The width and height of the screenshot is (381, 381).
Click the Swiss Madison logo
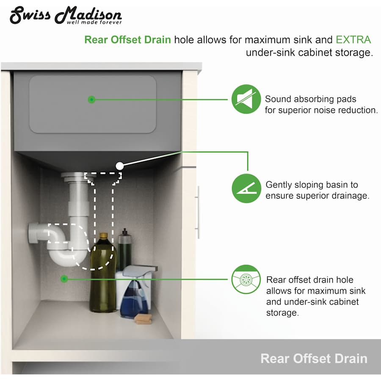pyautogui.click(x=66, y=15)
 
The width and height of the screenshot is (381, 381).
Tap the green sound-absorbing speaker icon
pyautogui.click(x=246, y=99)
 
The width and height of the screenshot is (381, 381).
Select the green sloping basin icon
pyautogui.click(x=246, y=188)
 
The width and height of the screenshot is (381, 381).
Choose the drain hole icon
pyautogui.click(x=246, y=279)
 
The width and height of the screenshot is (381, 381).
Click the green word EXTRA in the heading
pyautogui.click(x=353, y=40)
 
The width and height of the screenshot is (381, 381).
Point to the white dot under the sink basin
pyautogui.click(x=119, y=166)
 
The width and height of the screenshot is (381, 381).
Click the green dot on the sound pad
pyautogui.click(x=91, y=99)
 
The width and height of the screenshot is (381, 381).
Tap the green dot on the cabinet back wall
pyautogui.click(x=64, y=279)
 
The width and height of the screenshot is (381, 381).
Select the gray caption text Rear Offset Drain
pyautogui.click(x=314, y=359)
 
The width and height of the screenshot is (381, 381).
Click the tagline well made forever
pyautogui.click(x=94, y=22)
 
